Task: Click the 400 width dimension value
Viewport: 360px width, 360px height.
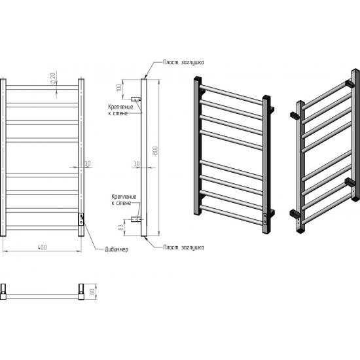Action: coord(42,247)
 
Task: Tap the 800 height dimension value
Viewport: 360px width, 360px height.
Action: coord(155,151)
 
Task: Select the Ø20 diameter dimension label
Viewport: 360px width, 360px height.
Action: coord(53,79)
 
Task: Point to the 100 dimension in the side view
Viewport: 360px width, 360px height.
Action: coord(119,88)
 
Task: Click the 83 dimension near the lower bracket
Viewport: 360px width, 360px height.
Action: coord(120,227)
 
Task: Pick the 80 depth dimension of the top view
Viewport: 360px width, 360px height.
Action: coord(92,291)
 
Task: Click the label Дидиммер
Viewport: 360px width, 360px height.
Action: coord(117,249)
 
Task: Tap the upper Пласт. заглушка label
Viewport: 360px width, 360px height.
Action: coord(183,62)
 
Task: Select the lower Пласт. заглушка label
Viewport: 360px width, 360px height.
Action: coord(183,247)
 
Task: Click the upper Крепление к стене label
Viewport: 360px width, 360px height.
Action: coord(120,110)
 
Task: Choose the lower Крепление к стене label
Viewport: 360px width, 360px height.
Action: coord(124,200)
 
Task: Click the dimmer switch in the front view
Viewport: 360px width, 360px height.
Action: coord(81,219)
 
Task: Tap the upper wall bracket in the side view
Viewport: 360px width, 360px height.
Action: coord(135,99)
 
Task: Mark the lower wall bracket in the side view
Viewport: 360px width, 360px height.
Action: coord(135,219)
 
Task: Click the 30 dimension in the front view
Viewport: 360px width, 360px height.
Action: coord(88,164)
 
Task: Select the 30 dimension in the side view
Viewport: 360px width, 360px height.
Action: coord(136,164)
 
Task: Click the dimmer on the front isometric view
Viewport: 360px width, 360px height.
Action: coord(265,219)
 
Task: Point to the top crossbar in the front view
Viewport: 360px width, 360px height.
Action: coord(42,88)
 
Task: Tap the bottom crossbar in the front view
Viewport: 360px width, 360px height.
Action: coord(42,228)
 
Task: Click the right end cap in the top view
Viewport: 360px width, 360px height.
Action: coord(81,291)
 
